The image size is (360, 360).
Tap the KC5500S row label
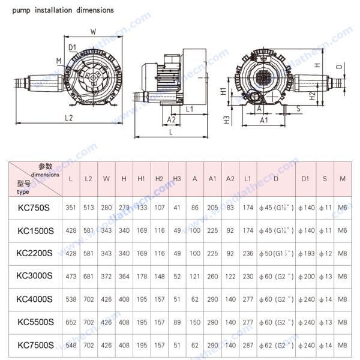tap(35, 322)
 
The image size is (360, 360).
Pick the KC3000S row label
tap(35, 276)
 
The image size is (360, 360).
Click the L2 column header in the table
tap(89, 179)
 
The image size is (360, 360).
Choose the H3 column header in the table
tap(177, 179)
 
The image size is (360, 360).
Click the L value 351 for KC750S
tap(71, 208)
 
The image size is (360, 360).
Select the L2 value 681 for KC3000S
tap(89, 276)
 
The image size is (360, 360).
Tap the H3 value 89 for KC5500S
tap(177, 322)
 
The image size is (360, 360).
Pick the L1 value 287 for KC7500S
tap(248, 345)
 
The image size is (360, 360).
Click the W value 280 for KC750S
tap(107, 208)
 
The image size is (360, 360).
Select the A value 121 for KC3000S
tap(195, 276)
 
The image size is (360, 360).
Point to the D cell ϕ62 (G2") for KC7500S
tap(276, 345)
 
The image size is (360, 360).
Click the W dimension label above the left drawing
tap(93, 31)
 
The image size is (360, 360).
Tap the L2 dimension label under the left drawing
tap(69, 118)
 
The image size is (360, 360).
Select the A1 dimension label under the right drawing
tap(263, 120)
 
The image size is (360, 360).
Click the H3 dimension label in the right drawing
tap(227, 119)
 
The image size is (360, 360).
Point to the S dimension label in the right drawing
tap(298, 109)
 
